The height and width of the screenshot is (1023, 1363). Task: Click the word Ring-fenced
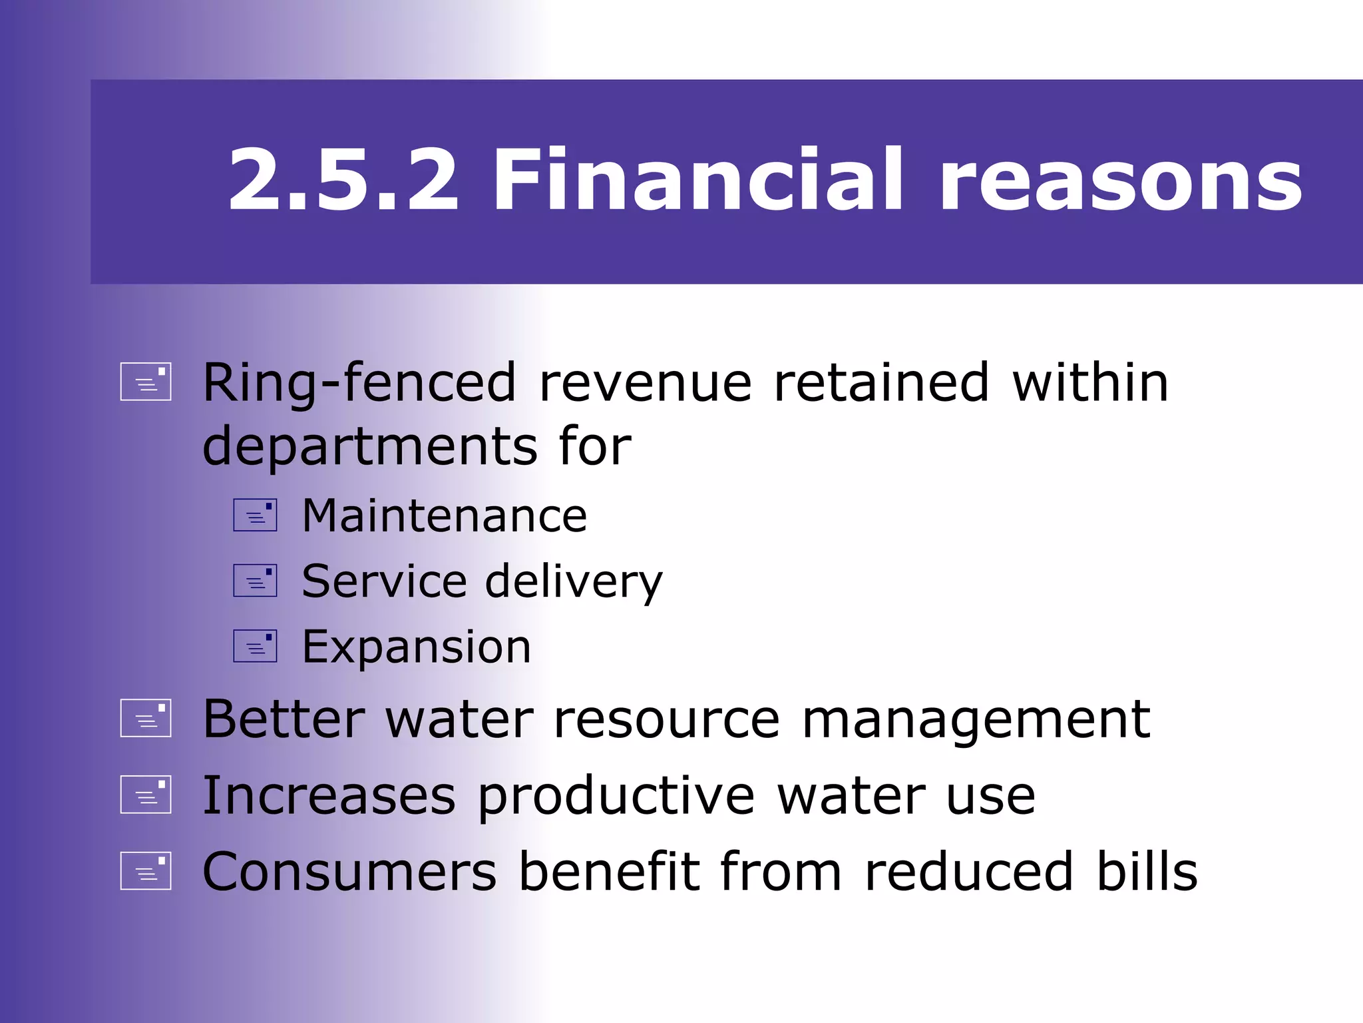pyautogui.click(x=359, y=384)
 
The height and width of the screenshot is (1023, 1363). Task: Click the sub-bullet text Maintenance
pyautogui.click(x=445, y=516)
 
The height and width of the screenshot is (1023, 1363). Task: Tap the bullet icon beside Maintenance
pyautogui.click(x=255, y=515)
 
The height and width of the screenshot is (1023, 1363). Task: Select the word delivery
pyautogui.click(x=574, y=582)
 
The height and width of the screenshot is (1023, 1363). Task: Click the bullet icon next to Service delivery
pyautogui.click(x=255, y=581)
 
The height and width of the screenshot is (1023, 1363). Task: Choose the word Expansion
pyautogui.click(x=417, y=647)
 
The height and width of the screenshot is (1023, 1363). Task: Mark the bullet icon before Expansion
pyautogui.click(x=255, y=646)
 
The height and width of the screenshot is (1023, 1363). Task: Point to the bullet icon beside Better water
pyautogui.click(x=146, y=718)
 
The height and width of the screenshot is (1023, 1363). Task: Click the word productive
pyautogui.click(x=616, y=797)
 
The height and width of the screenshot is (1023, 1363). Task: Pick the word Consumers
pyautogui.click(x=349, y=872)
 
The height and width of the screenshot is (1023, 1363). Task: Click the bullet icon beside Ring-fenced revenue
pyautogui.click(x=146, y=382)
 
